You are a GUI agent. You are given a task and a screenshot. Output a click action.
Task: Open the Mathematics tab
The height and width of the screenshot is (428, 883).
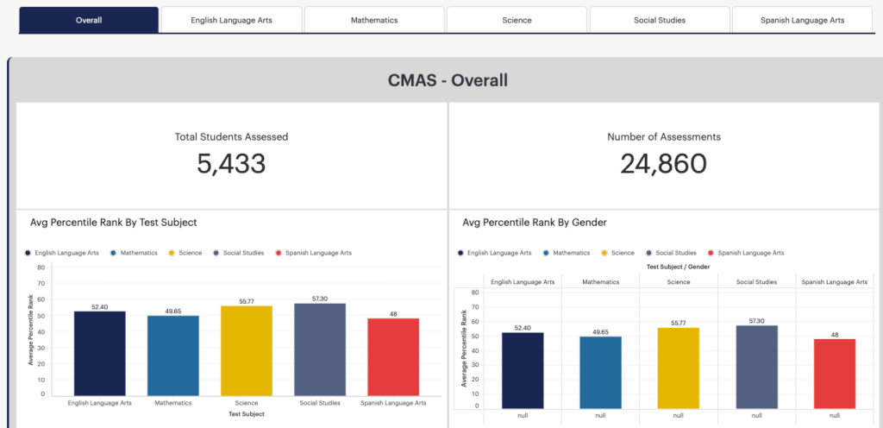tap(374, 20)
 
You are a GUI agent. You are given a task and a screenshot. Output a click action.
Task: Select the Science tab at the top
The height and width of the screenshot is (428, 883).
tap(517, 20)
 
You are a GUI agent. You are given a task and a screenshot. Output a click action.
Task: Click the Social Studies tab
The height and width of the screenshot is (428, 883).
tap(660, 20)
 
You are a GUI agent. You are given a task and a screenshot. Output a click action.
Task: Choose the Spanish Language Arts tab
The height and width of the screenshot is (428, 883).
tap(803, 20)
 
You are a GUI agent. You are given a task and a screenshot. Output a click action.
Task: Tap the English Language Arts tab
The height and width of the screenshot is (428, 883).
tap(231, 20)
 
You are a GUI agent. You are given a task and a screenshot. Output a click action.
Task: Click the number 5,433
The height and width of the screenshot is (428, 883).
tap(231, 164)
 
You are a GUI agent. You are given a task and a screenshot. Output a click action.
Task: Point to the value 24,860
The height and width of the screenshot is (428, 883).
tap(663, 164)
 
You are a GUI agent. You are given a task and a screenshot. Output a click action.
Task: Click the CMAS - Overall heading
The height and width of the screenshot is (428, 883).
tap(448, 80)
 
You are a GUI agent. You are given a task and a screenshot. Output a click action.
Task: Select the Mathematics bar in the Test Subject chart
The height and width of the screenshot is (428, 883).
tap(172, 356)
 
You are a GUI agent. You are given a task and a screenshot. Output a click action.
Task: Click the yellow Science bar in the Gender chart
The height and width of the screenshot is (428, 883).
tap(678, 368)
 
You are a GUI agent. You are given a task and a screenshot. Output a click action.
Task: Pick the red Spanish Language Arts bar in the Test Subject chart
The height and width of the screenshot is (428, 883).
tap(393, 357)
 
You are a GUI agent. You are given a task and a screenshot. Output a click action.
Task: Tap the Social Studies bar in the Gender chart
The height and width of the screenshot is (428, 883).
tap(756, 367)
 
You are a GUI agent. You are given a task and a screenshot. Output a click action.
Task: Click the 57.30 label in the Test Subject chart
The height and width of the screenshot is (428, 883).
tap(320, 299)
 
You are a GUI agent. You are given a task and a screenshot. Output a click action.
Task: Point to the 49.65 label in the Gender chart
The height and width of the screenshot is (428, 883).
tap(600, 332)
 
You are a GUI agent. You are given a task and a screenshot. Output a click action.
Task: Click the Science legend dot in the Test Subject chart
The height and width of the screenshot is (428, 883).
tap(172, 254)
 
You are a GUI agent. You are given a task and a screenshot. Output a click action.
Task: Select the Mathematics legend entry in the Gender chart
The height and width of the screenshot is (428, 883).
tap(567, 254)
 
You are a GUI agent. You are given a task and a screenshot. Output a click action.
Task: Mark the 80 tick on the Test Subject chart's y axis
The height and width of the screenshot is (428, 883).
tap(41, 267)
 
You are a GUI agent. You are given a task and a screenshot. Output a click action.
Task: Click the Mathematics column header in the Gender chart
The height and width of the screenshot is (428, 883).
tap(600, 281)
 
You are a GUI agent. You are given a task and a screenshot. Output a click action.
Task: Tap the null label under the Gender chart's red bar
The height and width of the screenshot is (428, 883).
tap(835, 416)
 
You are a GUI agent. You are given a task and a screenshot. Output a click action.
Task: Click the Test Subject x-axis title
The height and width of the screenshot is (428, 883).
tap(247, 414)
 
